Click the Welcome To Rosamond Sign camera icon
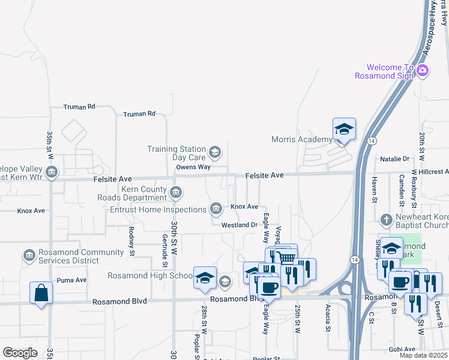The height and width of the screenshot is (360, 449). (x=423, y=71)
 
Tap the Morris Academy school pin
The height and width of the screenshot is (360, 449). (x=345, y=129)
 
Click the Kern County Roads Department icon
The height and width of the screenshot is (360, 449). (x=175, y=193)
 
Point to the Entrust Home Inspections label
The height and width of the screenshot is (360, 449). (x=158, y=209)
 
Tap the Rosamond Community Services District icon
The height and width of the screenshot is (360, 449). (x=29, y=256)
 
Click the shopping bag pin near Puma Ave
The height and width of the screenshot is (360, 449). (x=41, y=293)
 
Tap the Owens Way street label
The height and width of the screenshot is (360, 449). (x=193, y=167)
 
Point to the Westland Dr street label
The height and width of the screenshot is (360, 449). (x=239, y=225)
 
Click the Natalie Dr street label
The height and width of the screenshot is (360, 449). (x=394, y=159)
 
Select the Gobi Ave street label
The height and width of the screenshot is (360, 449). (x=402, y=349)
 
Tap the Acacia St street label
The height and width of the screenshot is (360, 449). (x=328, y=318)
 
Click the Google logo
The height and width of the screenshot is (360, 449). (x=20, y=353)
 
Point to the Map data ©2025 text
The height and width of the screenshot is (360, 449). (x=424, y=355)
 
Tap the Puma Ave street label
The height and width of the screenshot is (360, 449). (x=71, y=280)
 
